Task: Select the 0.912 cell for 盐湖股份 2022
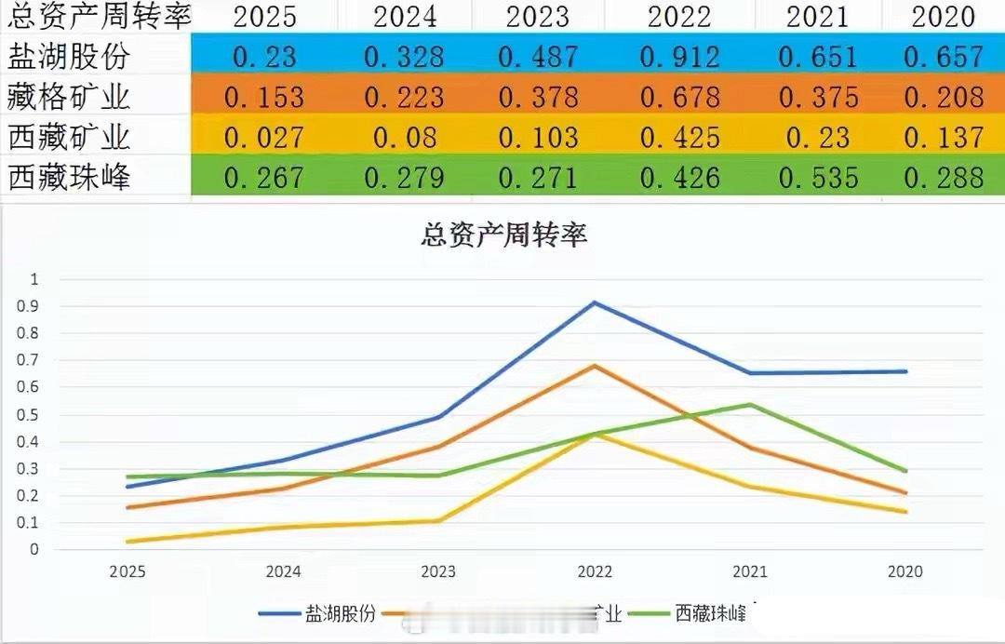(x=679, y=58)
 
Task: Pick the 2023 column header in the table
(x=537, y=17)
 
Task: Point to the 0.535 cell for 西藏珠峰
(x=818, y=178)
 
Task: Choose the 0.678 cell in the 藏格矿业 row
(x=679, y=98)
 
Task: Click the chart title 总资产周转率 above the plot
(x=503, y=235)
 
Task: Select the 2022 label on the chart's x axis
(x=595, y=571)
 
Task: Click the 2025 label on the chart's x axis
(x=127, y=571)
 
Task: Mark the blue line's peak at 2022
(x=594, y=302)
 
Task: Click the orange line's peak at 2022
(x=594, y=366)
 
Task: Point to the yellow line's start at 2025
(x=127, y=542)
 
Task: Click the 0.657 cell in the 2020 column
(x=944, y=58)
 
